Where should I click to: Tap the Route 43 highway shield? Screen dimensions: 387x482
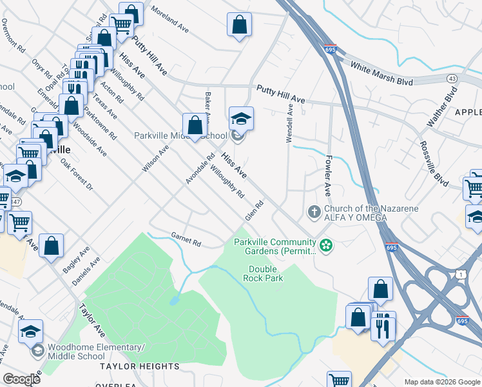(x=452, y=78)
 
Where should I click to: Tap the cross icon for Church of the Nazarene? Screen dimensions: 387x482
(x=314, y=212)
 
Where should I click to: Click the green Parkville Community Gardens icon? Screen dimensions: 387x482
(x=326, y=245)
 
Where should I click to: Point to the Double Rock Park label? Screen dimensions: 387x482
(x=263, y=273)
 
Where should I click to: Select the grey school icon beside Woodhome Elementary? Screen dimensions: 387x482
(x=37, y=352)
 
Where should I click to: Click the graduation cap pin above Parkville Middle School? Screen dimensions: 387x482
(x=241, y=119)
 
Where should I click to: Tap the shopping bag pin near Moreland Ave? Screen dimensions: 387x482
(x=239, y=25)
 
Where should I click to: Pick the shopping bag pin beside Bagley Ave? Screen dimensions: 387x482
(x=52, y=246)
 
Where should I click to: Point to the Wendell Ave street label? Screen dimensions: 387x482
(x=290, y=124)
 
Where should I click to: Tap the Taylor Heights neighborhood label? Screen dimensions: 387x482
(x=139, y=366)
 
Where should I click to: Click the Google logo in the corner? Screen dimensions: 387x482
(x=22, y=379)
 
